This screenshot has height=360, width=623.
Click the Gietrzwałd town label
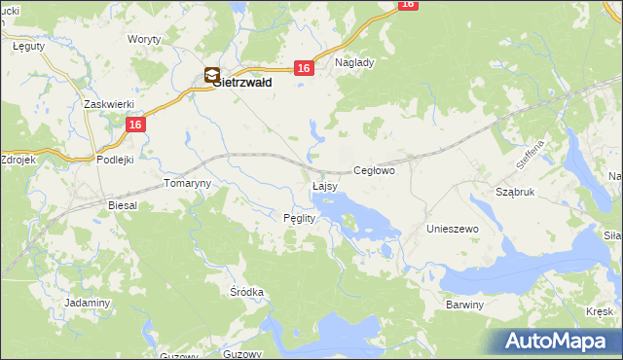pyautogui.click(x=242, y=84)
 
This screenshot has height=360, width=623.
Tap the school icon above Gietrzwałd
pyautogui.click(x=212, y=74)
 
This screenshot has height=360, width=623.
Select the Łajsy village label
pyautogui.click(x=324, y=185)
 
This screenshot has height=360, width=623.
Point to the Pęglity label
pyautogui.click(x=299, y=218)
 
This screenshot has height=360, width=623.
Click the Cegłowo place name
pyautogui.click(x=374, y=170)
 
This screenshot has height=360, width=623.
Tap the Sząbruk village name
pyautogui.click(x=516, y=193)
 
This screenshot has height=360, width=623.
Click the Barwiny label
pyautogui.click(x=464, y=305)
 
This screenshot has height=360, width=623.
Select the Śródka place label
pyautogui.click(x=247, y=292)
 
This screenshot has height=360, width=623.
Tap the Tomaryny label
pyautogui.click(x=186, y=183)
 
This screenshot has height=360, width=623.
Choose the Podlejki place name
pyautogui.click(x=114, y=159)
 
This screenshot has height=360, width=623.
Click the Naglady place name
pyautogui.click(x=354, y=62)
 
